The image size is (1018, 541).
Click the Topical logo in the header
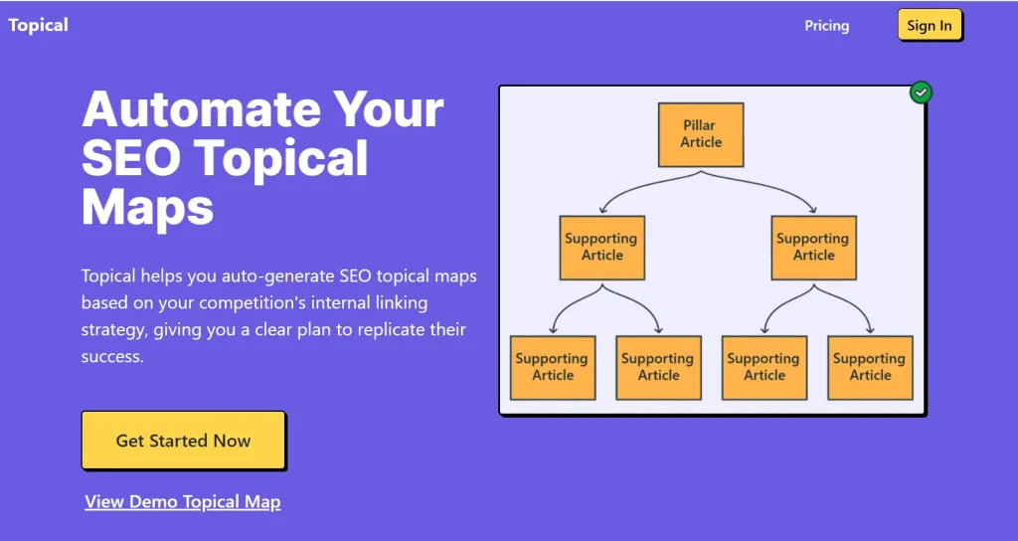[x=39, y=25]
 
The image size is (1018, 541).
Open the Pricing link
[x=826, y=26]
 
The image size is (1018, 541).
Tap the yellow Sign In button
[x=930, y=26]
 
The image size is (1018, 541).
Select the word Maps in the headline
[x=147, y=208]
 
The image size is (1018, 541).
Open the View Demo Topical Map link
[x=183, y=502]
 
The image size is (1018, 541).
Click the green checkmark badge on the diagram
[x=922, y=92]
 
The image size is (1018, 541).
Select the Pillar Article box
[x=701, y=134]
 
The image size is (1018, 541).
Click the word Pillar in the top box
[x=700, y=125]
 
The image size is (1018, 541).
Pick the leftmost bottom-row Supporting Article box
[x=553, y=367]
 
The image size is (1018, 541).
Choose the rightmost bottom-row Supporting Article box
[x=870, y=367]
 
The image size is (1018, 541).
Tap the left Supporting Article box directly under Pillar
[x=601, y=247]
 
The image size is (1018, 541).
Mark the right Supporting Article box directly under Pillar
[x=813, y=247]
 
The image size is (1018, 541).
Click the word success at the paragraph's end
[x=111, y=356]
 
